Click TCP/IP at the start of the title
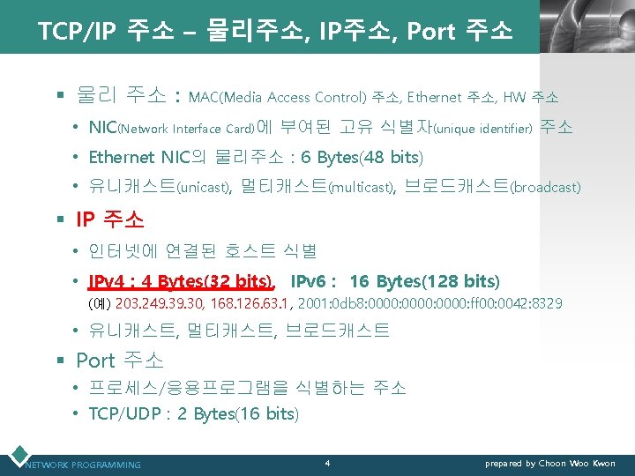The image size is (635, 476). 74,32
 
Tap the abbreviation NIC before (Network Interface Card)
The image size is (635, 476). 102,128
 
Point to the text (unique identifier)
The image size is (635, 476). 482,129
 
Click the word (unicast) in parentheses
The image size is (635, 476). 204,187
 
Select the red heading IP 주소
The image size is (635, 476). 109,219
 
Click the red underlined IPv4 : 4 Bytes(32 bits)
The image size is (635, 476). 181,281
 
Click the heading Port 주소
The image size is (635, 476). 119,361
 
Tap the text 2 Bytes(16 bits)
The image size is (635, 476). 238,413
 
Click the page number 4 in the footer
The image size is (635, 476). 327,463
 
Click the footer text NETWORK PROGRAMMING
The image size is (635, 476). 83,465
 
